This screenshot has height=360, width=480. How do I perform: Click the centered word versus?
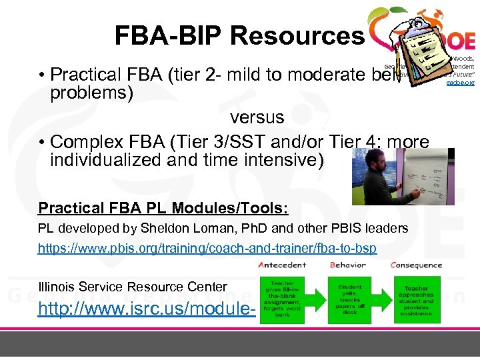(257, 118)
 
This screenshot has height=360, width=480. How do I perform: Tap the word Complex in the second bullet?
(88, 143)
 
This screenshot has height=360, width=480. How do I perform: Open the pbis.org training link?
(207, 248)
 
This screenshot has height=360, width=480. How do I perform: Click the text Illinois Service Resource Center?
(133, 287)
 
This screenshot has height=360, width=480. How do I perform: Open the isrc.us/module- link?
(147, 309)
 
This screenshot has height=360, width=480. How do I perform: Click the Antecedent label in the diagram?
(287, 265)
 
